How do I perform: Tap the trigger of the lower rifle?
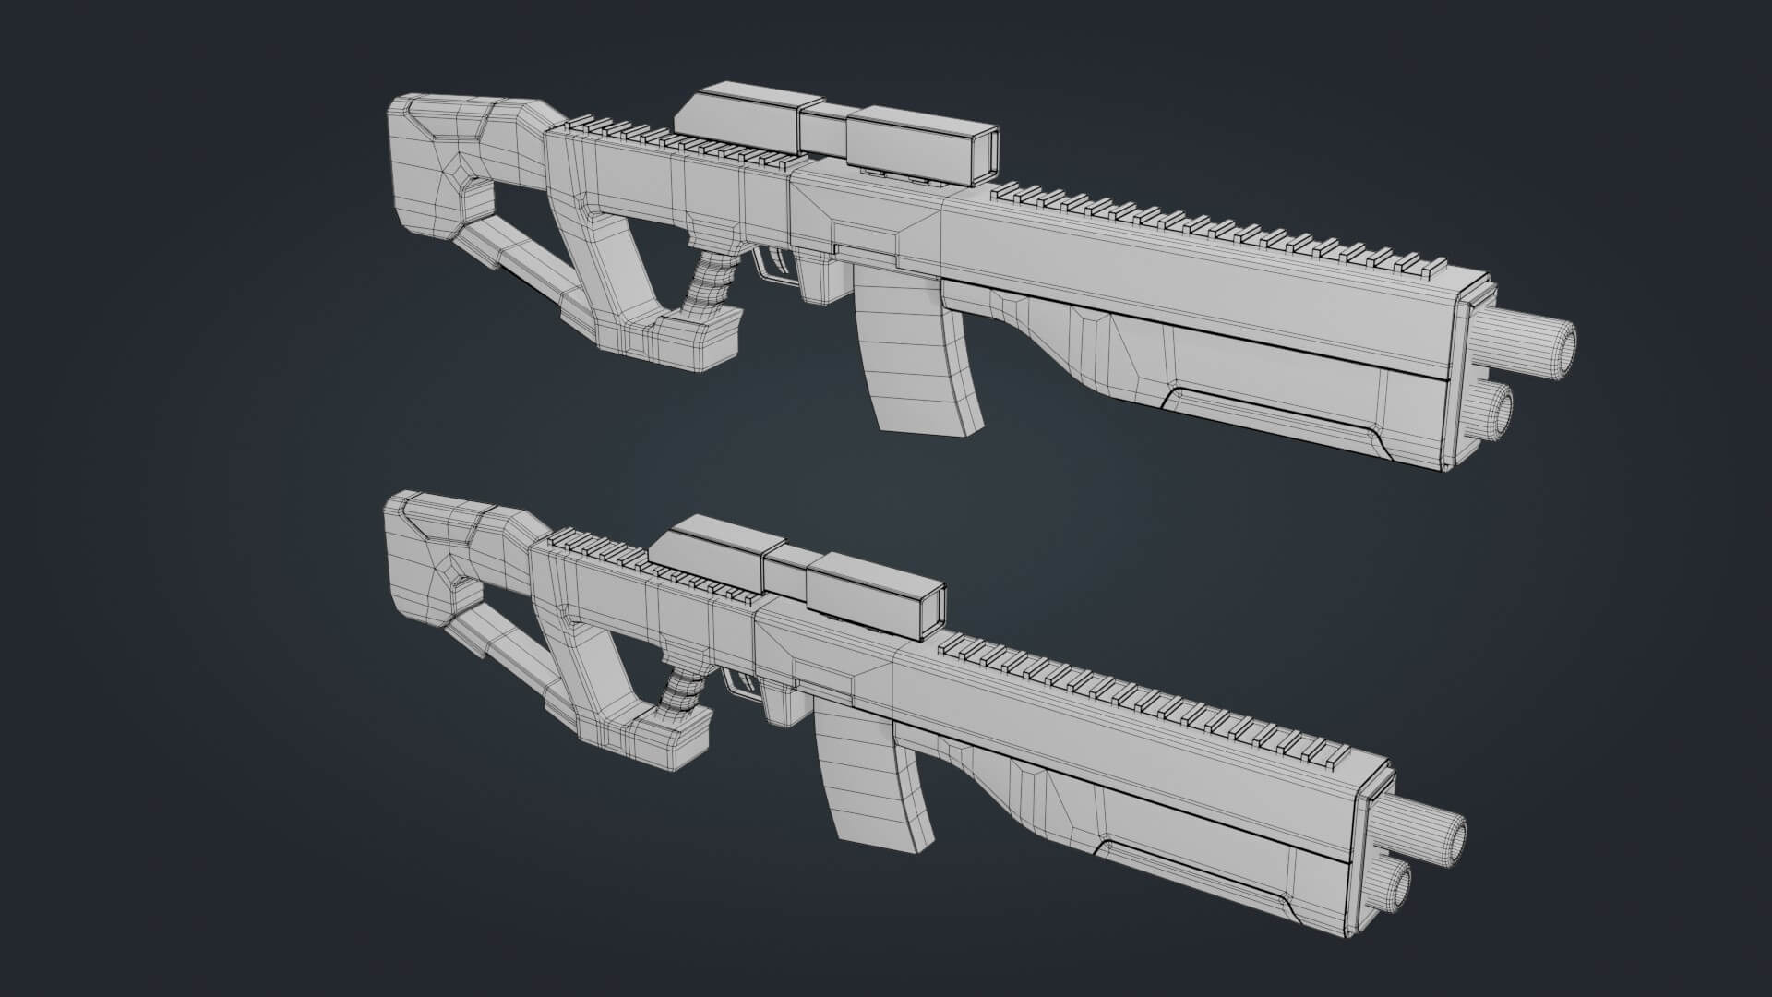[743, 683]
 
